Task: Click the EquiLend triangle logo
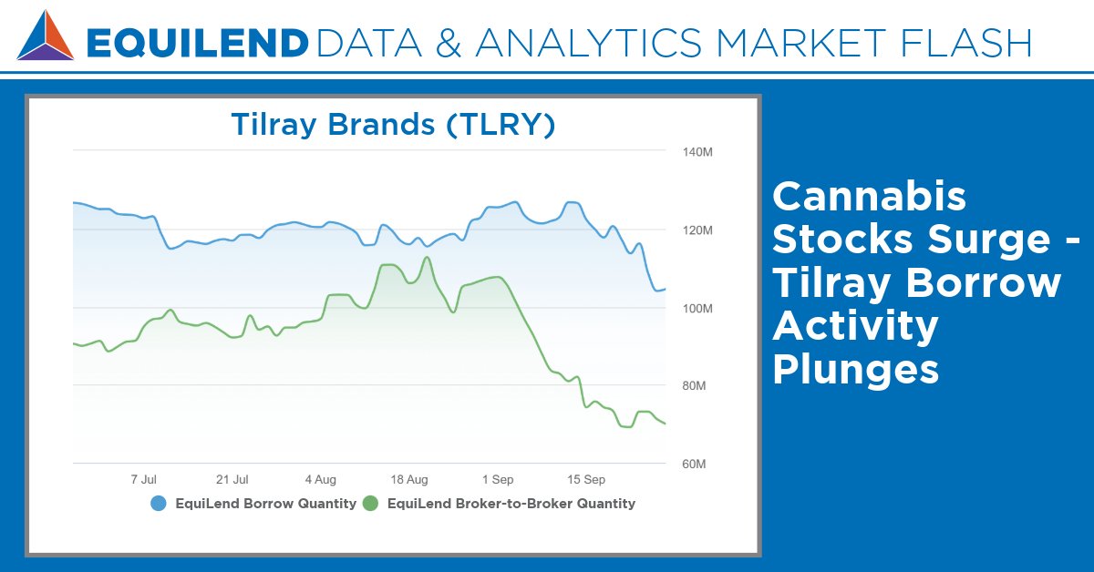point(46,36)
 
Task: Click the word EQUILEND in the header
point(197,43)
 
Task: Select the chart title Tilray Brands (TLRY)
point(393,124)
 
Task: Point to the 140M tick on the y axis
point(697,152)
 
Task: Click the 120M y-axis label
point(697,230)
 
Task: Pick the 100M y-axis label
point(697,309)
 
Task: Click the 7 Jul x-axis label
point(144,479)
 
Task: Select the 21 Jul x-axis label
point(232,479)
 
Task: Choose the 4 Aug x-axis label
point(321,479)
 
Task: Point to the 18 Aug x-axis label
point(409,479)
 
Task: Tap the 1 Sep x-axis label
point(498,479)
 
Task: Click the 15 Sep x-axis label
point(586,479)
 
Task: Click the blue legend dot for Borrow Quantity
point(159,504)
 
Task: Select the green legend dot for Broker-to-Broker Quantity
point(371,504)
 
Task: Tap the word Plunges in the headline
point(855,370)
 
